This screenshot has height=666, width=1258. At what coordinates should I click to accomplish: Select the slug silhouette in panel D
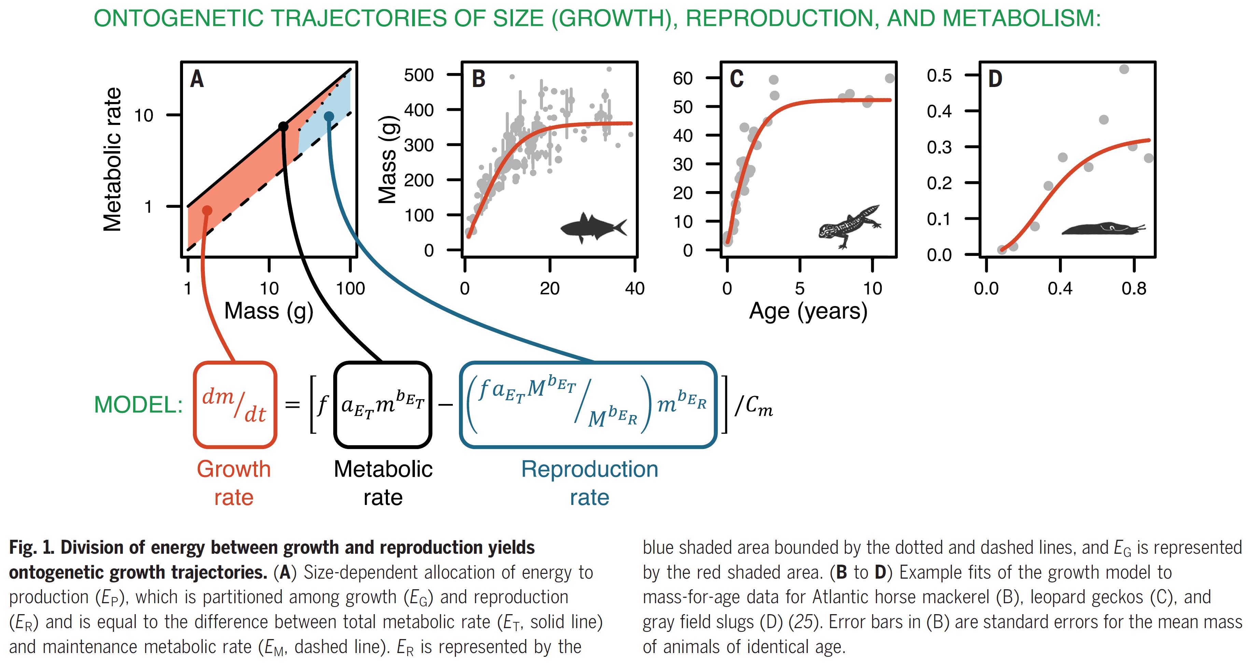click(x=1101, y=228)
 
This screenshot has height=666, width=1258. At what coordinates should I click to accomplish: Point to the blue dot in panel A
click(x=329, y=116)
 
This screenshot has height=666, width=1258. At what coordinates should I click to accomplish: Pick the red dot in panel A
click(x=207, y=210)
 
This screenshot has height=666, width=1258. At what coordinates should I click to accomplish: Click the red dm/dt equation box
click(x=235, y=405)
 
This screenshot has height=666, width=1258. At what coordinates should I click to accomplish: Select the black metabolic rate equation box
click(x=383, y=405)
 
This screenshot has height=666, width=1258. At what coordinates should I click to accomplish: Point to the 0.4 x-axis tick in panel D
click(x=1060, y=288)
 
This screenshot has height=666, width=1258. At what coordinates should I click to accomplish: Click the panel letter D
click(x=995, y=79)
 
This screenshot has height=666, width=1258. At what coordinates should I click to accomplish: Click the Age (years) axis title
click(x=808, y=311)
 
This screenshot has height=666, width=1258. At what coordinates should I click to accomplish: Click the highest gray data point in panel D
click(x=1124, y=69)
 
